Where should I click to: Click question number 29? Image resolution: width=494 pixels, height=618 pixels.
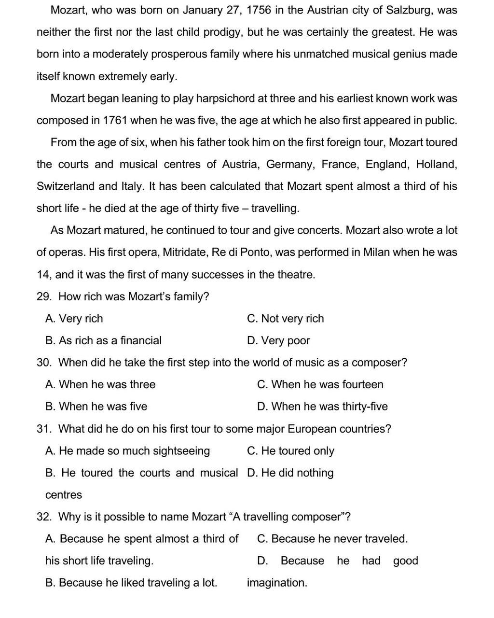tap(44, 296)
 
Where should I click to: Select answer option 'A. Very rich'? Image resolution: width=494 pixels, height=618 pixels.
tap(74, 319)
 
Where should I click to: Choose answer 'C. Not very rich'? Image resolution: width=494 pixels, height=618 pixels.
tap(286, 319)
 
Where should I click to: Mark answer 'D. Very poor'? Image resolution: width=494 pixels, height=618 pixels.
tap(278, 341)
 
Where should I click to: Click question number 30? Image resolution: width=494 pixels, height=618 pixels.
tap(44, 363)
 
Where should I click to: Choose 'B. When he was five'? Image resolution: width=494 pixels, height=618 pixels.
tap(96, 407)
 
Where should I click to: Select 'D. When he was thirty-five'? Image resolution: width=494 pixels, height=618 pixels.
tap(322, 407)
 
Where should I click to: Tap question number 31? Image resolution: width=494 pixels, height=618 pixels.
tap(44, 429)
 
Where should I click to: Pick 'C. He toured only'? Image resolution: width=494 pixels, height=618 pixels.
tap(290, 451)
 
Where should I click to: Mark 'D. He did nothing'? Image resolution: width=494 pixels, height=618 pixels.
tap(290, 473)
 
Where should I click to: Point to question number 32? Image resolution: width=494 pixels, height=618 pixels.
tap(44, 517)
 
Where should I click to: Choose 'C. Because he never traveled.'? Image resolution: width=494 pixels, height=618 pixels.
tap(332, 539)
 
